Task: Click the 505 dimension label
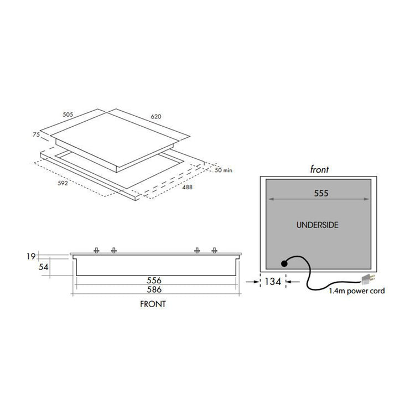pos(68,115)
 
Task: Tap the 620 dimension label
pos(156,116)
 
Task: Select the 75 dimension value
pos(37,134)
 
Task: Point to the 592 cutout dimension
pos(63,183)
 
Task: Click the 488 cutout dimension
pos(187,187)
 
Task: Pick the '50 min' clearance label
pos(224,170)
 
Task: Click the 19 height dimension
pos(31,256)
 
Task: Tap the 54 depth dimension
pos(43,267)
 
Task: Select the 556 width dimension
pos(154,281)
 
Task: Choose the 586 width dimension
pos(154,289)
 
